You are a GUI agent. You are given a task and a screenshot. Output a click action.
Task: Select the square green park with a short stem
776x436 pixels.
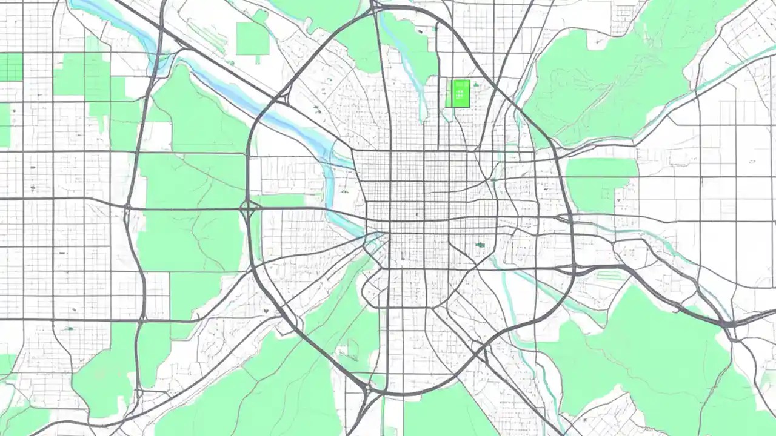tap(252, 40)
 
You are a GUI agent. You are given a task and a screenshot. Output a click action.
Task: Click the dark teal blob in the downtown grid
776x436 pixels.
tap(480, 245)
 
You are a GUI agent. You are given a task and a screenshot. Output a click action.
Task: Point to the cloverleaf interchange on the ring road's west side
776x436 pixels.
tap(249, 208)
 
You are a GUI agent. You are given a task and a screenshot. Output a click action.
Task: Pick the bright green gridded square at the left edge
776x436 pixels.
tap(11, 67)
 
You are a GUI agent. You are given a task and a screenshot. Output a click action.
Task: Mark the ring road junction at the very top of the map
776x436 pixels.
tap(376, 8)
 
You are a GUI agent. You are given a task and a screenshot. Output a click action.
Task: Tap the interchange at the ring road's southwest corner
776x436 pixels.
tap(364, 388)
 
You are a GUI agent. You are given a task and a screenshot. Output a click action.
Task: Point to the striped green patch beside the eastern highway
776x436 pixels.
tap(609, 276)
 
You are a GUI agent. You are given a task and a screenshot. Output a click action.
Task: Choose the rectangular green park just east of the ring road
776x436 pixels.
tap(600, 182)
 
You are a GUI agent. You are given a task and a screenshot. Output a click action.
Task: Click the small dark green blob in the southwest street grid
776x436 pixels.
tap(69, 329)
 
